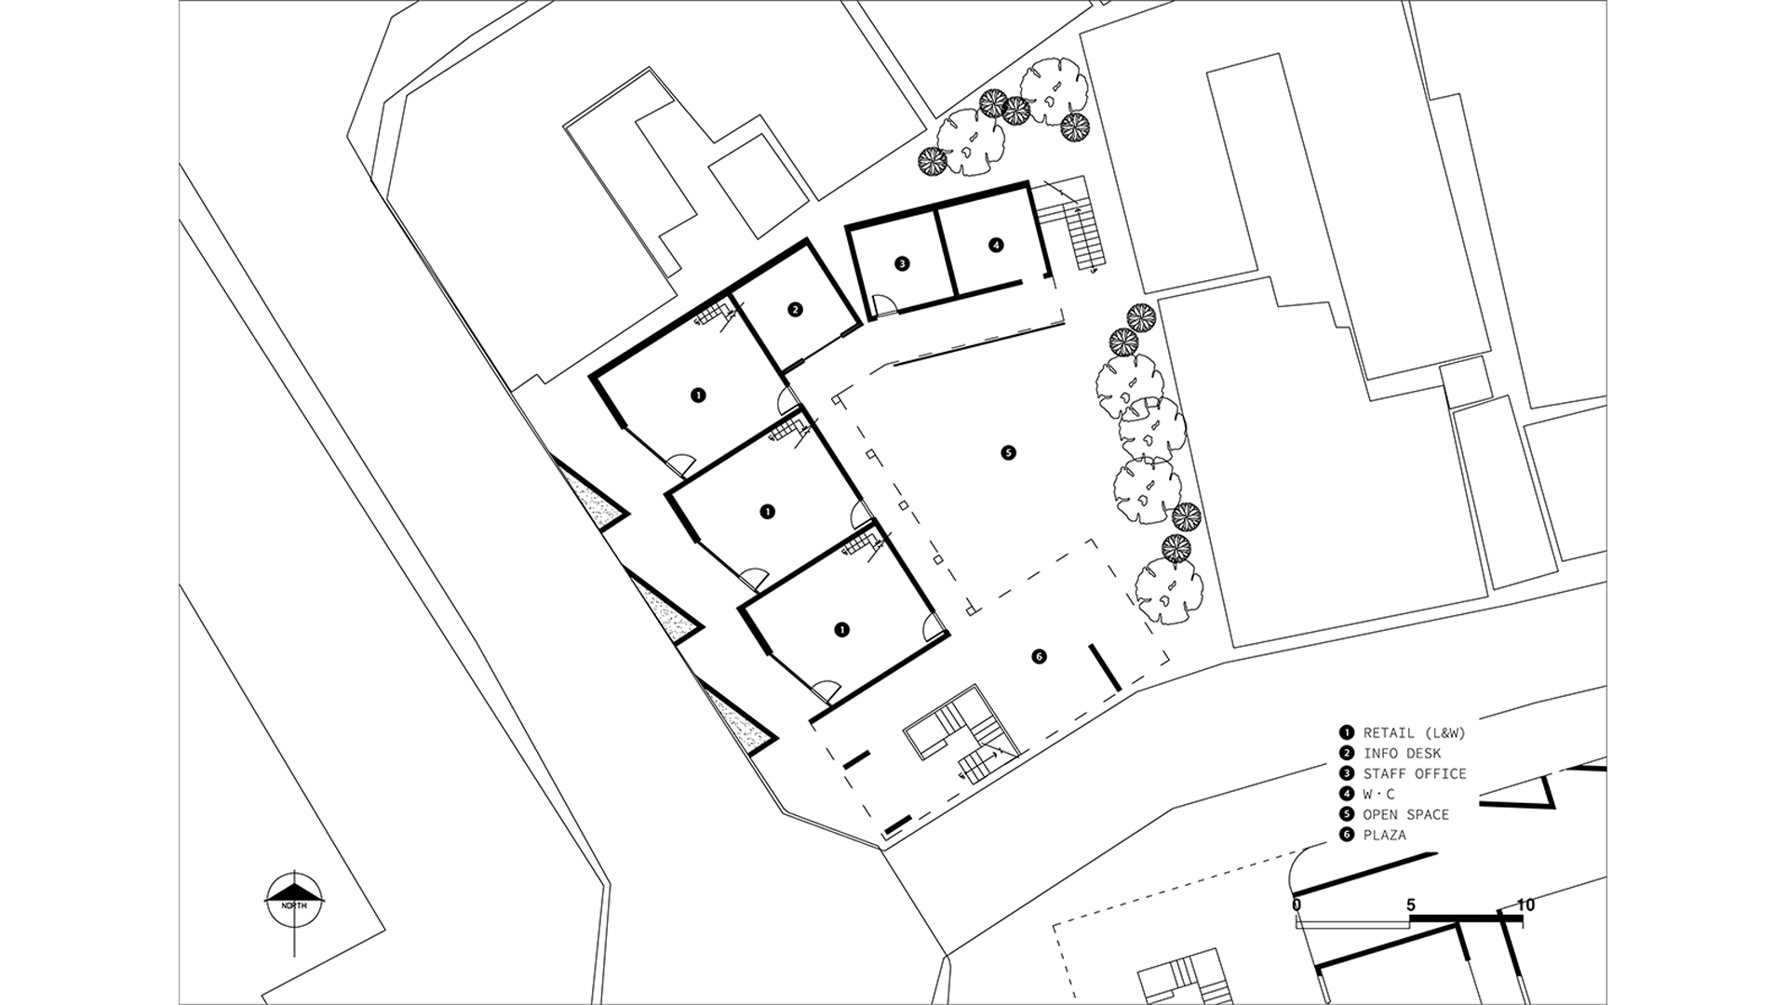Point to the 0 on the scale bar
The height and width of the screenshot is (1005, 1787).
1297,904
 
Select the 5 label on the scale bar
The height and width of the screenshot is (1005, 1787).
1411,904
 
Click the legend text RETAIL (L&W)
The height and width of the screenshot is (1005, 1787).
1415,732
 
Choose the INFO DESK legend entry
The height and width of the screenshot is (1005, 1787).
1402,753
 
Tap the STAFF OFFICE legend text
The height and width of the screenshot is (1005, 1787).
1415,773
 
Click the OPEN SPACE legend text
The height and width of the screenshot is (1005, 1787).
1406,814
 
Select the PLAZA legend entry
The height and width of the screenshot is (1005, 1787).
1385,835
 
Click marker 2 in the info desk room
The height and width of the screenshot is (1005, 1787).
795,310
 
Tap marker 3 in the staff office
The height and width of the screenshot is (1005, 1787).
901,263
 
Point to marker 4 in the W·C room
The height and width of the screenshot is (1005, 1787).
996,245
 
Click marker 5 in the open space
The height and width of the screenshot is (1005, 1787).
1008,453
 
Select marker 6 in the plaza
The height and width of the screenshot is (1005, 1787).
1040,657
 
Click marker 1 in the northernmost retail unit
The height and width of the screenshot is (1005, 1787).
697,395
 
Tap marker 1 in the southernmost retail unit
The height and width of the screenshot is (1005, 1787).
841,629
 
